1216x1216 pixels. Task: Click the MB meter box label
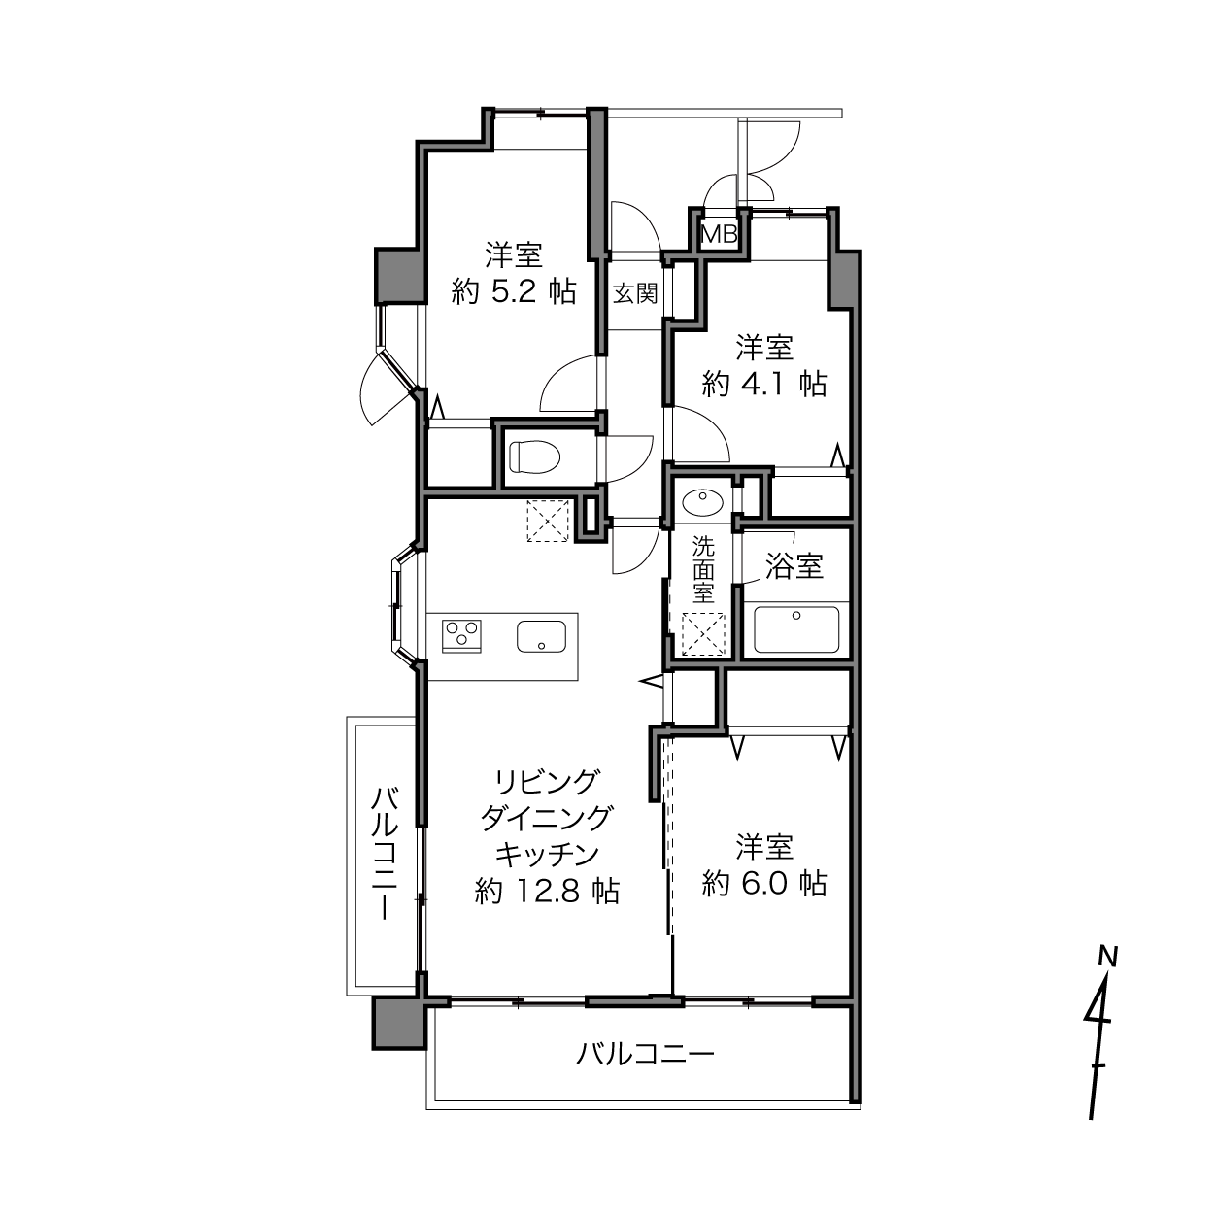click(x=720, y=235)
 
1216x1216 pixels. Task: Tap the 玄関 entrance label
click(x=635, y=293)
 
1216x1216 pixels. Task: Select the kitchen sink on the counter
click(x=541, y=636)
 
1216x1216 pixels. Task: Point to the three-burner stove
click(x=461, y=635)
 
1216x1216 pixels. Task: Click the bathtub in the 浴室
click(x=796, y=629)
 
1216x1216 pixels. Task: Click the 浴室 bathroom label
click(x=794, y=565)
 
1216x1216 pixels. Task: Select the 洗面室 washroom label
click(x=703, y=569)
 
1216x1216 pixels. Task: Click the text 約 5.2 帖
click(x=513, y=292)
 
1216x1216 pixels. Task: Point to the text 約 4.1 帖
click(x=763, y=384)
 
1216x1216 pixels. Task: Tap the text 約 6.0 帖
click(x=763, y=884)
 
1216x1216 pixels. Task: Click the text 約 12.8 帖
click(x=547, y=891)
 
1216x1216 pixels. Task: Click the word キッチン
click(x=547, y=855)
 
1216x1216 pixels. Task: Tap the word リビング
click(x=547, y=783)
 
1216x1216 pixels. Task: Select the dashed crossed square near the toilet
click(x=549, y=520)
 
